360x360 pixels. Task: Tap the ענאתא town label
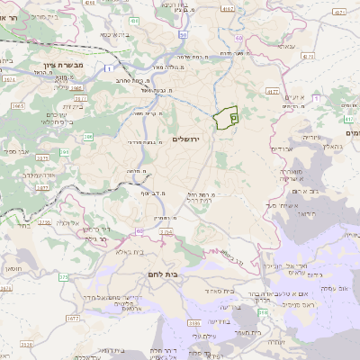click(285, 46)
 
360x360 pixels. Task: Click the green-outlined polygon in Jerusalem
click(226, 115)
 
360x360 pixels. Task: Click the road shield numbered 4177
click(273, 91)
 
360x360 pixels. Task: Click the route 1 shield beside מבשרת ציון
click(110, 67)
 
